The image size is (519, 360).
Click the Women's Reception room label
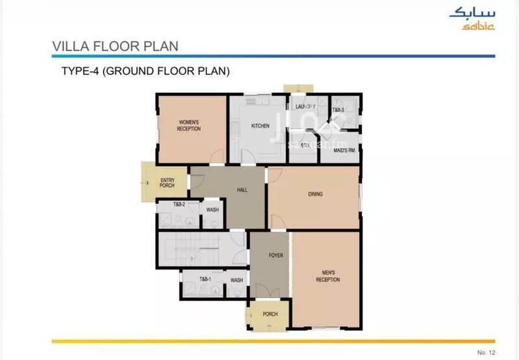click(x=188, y=125)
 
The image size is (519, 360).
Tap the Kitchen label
click(x=260, y=126)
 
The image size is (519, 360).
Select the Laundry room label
click(x=305, y=107)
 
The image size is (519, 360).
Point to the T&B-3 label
click(x=338, y=110)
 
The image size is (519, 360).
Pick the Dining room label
click(x=315, y=195)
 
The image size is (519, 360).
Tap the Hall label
click(x=242, y=189)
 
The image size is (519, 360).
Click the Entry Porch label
click(x=167, y=183)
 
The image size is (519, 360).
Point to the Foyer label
click(x=276, y=255)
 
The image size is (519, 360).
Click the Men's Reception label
click(x=327, y=276)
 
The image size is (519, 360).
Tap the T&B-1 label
click(x=205, y=279)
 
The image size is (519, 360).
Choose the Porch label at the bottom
click(x=270, y=314)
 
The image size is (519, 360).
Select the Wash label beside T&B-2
click(x=212, y=210)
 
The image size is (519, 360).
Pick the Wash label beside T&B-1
click(x=237, y=280)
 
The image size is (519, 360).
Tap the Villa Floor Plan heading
click(x=115, y=46)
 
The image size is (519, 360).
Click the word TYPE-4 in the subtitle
click(x=81, y=71)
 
